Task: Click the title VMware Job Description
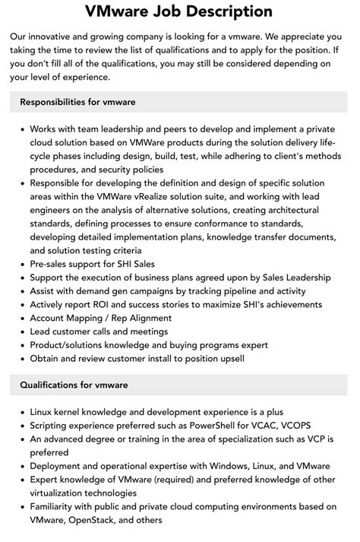179,12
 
